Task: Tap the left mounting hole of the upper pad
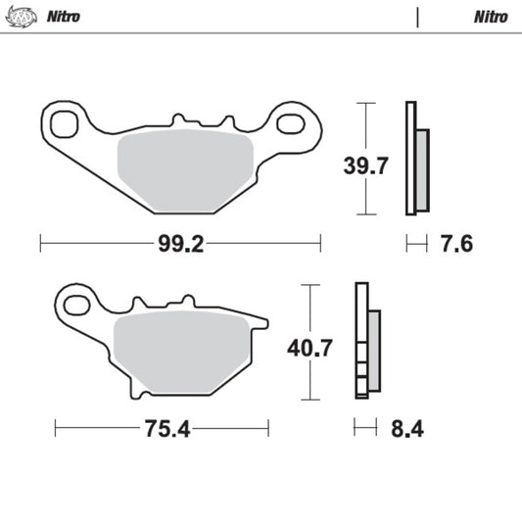(66, 124)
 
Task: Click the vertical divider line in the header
(418, 18)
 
